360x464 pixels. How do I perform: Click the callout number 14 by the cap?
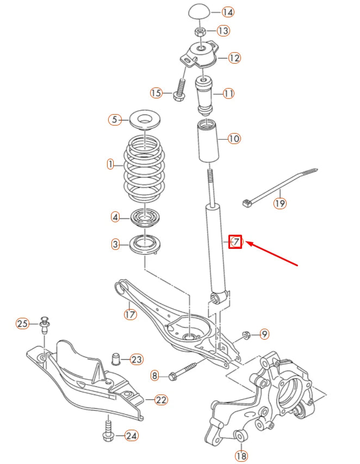[x=228, y=12]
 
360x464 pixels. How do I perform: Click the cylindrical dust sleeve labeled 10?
[x=207, y=142]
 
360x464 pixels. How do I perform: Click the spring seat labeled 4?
[x=145, y=218]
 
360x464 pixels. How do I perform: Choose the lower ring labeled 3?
[x=146, y=243]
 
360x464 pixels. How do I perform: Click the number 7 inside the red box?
[x=235, y=241]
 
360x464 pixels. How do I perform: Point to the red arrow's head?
[x=248, y=243]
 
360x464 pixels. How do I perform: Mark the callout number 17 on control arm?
[x=131, y=314]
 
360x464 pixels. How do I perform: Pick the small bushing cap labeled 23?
[x=115, y=359]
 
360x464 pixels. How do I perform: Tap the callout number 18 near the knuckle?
[x=241, y=455]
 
